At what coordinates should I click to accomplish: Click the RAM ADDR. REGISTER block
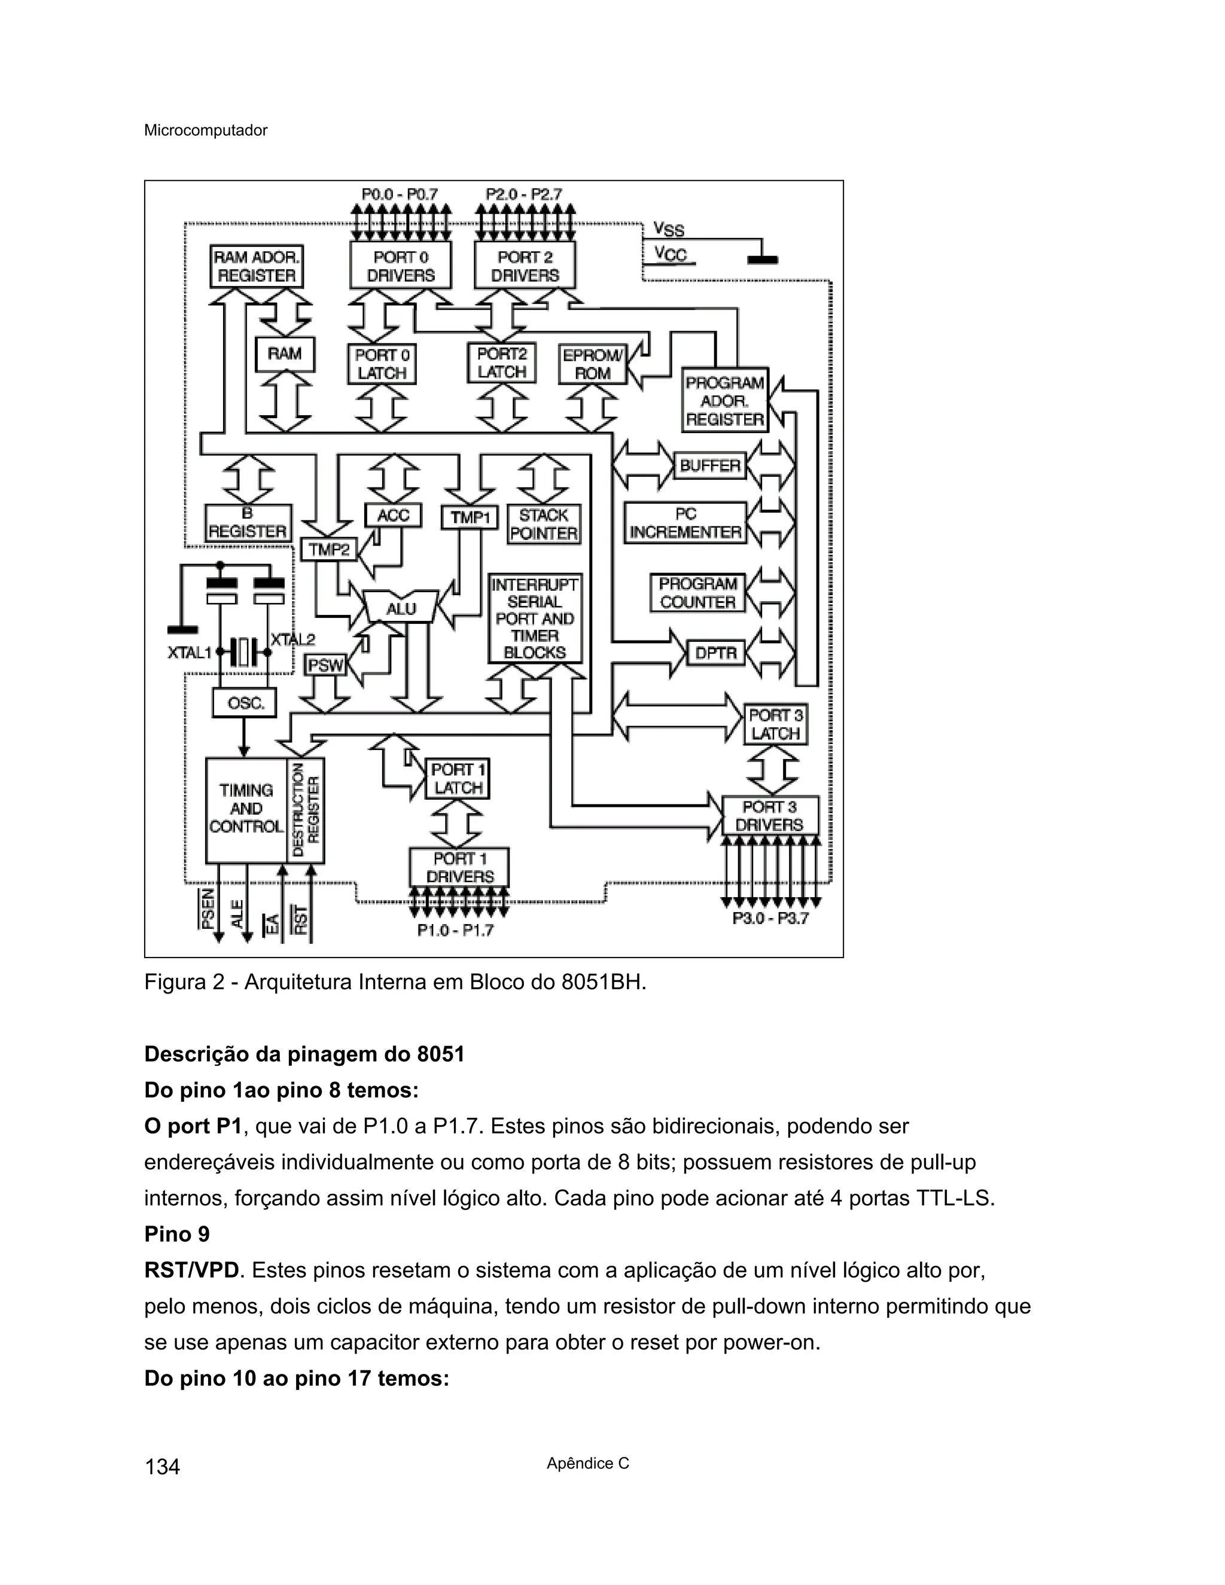pos(256,266)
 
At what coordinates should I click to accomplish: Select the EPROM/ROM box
pos(592,364)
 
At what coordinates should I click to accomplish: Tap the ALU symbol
pos(401,608)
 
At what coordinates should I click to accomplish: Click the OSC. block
pos(244,703)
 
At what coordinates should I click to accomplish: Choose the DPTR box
pos(715,653)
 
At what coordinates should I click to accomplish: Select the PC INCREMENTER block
pos(685,523)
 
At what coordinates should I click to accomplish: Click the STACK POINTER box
pos(544,524)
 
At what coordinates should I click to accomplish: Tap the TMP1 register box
pos(470,517)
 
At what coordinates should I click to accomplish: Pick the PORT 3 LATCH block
pos(775,724)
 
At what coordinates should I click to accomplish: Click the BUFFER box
pos(710,465)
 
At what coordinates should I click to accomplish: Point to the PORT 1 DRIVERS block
pos(459,867)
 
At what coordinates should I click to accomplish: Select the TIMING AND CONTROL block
pos(246,809)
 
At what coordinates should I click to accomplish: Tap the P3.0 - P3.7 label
pos(770,919)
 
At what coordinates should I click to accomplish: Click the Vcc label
pos(670,254)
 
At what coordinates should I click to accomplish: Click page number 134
pos(163,1467)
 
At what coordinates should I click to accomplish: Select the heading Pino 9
pos(177,1234)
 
